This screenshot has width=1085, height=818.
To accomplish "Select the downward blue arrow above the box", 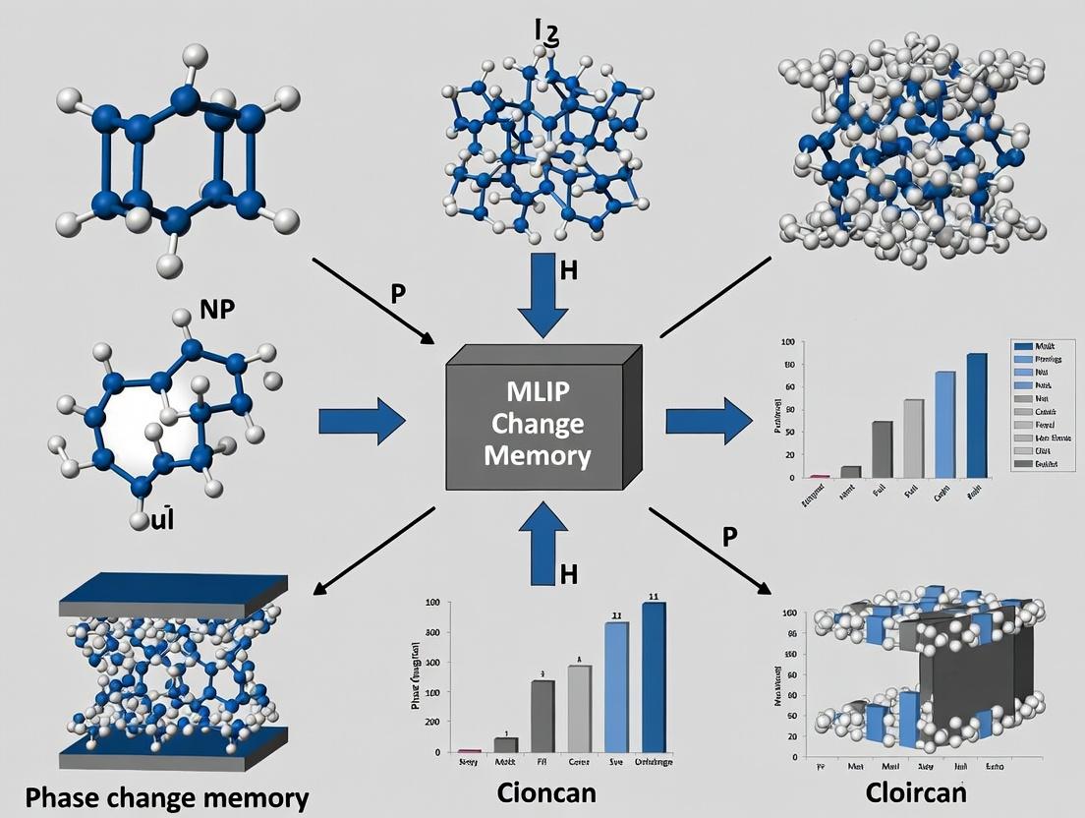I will click(542, 295).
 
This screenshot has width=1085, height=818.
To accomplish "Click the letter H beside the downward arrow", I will click(568, 272).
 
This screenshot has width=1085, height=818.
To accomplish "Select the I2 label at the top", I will click(546, 31).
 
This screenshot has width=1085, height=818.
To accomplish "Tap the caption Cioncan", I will click(544, 792).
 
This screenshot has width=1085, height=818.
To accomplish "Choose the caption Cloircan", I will click(916, 792).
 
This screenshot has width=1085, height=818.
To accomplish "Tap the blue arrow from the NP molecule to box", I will click(362, 423).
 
